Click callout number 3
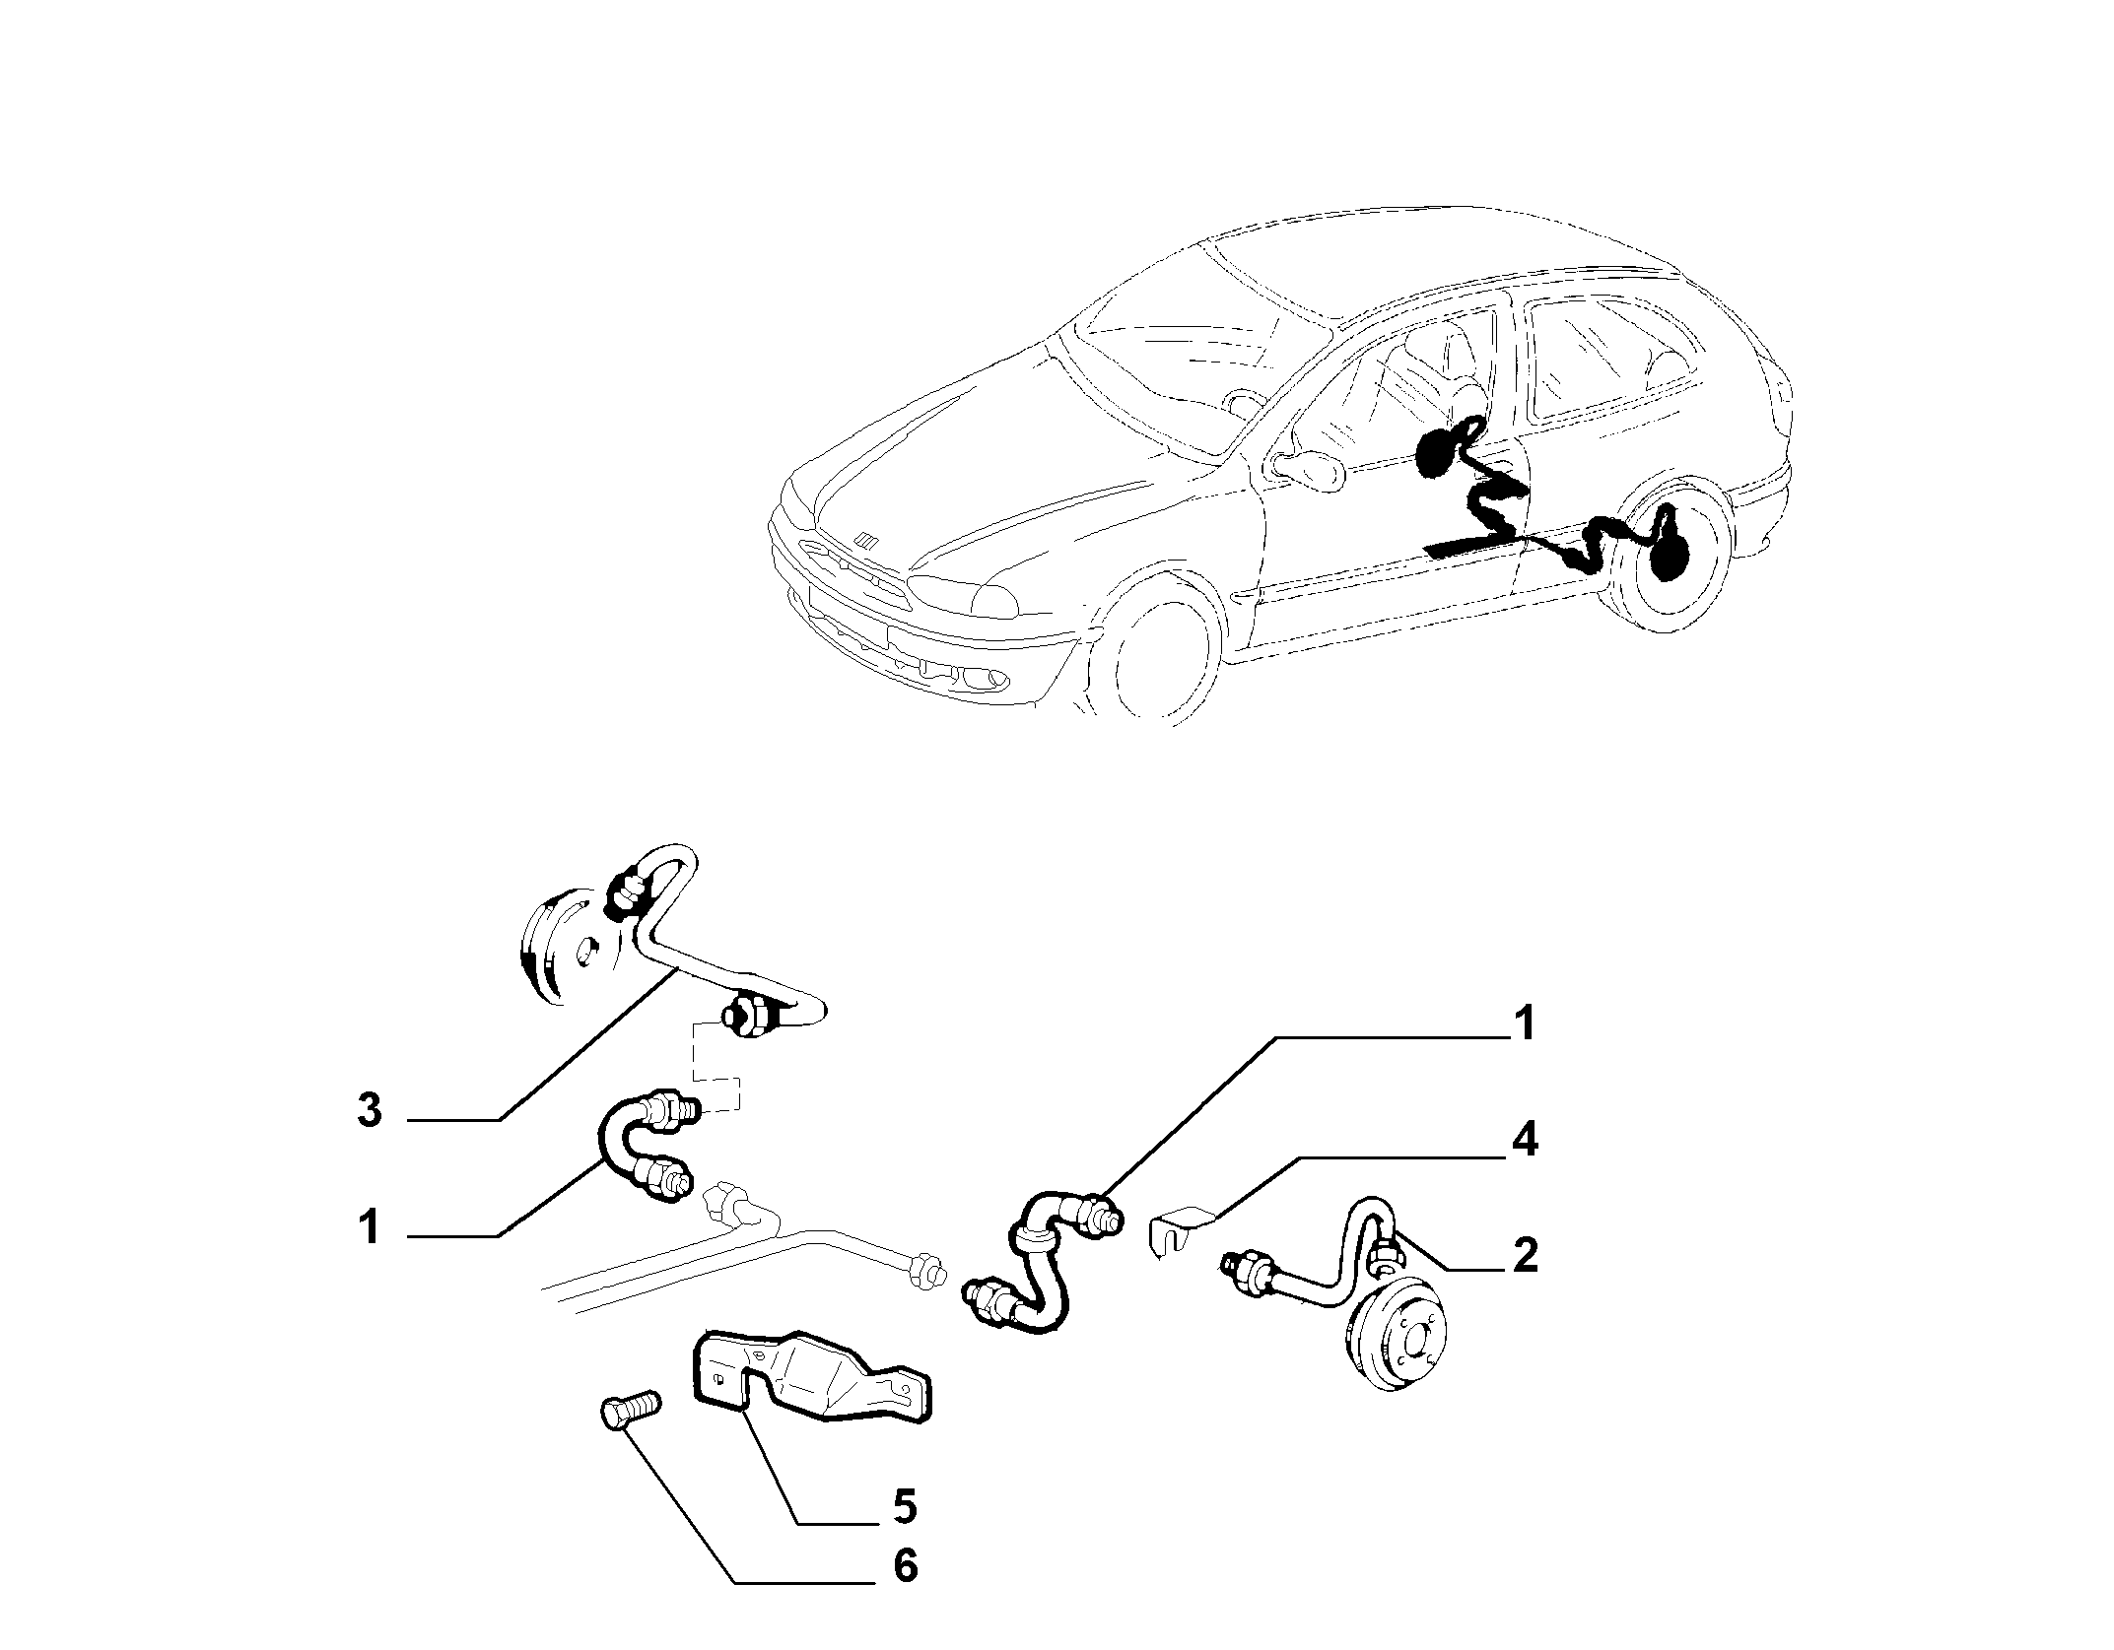click(x=369, y=1112)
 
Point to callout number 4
click(x=1525, y=1144)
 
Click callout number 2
click(x=1525, y=1255)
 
